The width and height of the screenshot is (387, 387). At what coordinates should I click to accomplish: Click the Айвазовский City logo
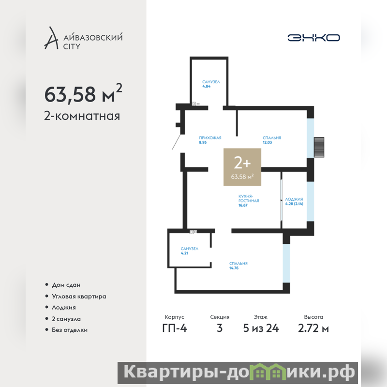pos(83,38)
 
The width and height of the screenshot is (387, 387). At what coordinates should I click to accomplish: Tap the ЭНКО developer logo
pos(313,38)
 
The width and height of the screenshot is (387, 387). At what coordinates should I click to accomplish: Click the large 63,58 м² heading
pos(83,93)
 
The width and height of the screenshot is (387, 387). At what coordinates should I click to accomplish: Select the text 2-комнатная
pos(82,116)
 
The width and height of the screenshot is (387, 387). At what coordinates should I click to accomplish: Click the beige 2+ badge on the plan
pos(242,167)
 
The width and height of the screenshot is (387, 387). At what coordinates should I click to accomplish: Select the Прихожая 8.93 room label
pos(210,140)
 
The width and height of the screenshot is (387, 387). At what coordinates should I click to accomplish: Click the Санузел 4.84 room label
pos(211,84)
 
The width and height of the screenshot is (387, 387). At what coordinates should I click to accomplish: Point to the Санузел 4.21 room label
pos(189,251)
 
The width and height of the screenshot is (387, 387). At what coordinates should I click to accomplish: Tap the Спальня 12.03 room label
pos(272,140)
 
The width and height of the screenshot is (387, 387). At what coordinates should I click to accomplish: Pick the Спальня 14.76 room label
pos(238,266)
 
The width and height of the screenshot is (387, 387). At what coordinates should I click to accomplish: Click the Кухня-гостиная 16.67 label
pos(249,201)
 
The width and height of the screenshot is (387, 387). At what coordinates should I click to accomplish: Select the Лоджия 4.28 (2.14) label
pos(294,201)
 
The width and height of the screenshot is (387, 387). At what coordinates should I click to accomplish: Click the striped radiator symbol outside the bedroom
pos(319,147)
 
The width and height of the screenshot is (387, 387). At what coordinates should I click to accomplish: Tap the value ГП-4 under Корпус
pos(175,328)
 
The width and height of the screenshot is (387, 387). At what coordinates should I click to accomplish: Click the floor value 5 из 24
pos(261,328)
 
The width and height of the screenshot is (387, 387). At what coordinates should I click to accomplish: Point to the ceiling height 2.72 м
pos(313,328)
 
